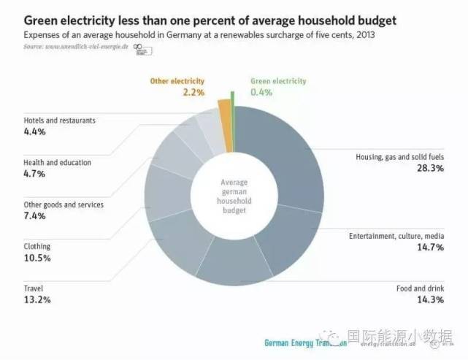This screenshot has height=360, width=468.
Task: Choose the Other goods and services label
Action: pyautogui.click(x=64, y=205)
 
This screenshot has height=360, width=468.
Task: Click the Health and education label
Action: pyautogui.click(x=58, y=163)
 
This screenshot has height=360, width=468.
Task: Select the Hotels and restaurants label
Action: pyautogui.click(x=60, y=120)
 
